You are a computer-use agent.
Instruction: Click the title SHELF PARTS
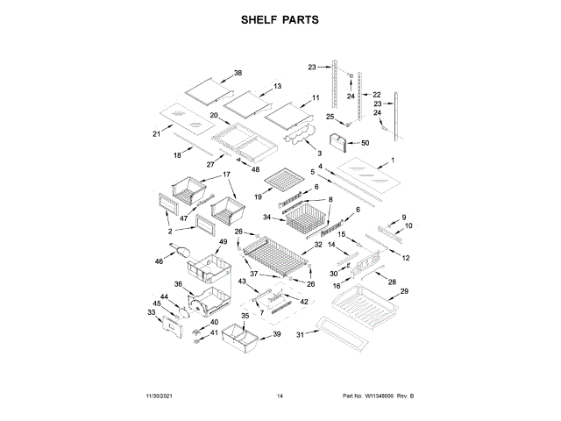tap(280, 18)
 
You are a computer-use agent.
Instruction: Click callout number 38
tap(238, 74)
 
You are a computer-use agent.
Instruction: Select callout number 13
tap(277, 86)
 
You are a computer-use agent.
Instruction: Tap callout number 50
tap(366, 142)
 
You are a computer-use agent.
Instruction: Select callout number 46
tap(160, 260)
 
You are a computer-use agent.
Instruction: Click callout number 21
tap(157, 133)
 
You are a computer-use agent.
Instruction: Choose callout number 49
tap(223, 242)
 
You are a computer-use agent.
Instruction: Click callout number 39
tap(277, 334)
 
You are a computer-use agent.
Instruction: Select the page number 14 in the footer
tap(280, 396)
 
